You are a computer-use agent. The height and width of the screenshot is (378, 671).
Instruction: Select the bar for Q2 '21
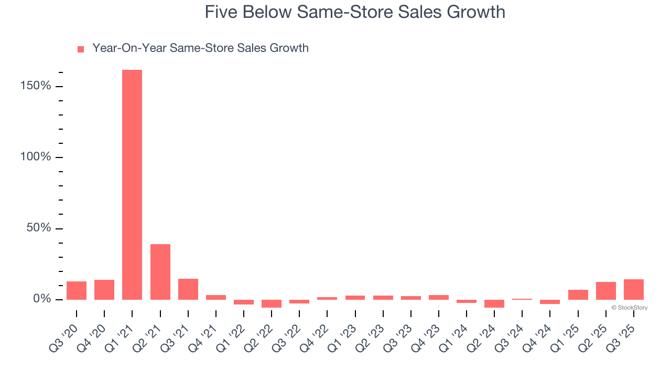pos(160,272)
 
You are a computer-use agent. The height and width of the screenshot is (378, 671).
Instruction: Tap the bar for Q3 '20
pos(77,290)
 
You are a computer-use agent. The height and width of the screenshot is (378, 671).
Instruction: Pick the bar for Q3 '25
pos(634,289)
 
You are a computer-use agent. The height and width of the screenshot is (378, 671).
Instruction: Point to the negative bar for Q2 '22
pos(272,303)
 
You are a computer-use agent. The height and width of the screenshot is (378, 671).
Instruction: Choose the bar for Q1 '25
pos(578,295)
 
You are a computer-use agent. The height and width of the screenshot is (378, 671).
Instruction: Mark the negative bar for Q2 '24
pos(494,303)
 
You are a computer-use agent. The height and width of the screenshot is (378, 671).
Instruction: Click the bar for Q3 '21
pos(188,289)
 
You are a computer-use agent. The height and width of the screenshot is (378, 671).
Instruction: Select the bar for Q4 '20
pos(104,290)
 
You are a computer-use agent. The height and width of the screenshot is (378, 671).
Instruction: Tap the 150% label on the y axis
pos(36,86)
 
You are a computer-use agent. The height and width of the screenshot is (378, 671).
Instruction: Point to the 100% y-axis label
pos(36,157)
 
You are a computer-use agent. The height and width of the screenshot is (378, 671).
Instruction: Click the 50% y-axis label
pos(39,228)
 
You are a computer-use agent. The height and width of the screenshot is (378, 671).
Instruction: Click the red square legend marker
pos(81,49)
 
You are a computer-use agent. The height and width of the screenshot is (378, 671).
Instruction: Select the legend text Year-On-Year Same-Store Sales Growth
pos(200,48)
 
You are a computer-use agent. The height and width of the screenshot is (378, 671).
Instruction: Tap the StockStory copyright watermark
pos(629,308)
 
